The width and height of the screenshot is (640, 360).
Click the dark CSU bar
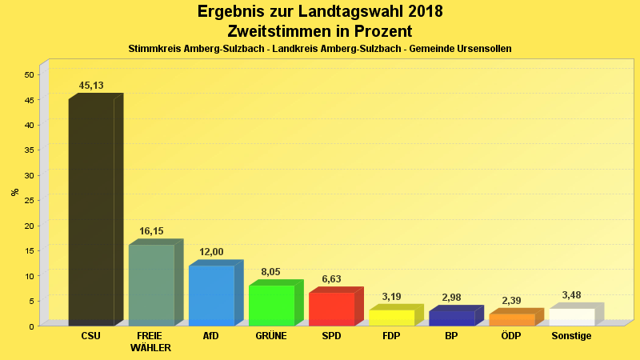coord(91,212)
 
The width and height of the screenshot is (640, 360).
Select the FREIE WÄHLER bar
coord(151,285)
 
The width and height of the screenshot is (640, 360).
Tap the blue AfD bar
coord(211,295)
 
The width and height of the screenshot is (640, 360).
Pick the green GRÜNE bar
coord(271,305)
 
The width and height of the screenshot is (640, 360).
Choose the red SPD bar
coord(331,309)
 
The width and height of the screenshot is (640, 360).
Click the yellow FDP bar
coord(391,317)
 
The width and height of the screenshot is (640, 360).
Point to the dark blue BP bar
coord(451,318)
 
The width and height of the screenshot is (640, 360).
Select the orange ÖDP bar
coord(511,319)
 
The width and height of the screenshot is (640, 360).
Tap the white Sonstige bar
coord(571,317)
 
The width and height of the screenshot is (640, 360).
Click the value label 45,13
coord(91,86)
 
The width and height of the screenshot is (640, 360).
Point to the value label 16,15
coord(151,231)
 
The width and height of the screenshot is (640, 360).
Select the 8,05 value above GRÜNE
coord(271,272)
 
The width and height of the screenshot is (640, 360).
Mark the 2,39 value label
coord(511,301)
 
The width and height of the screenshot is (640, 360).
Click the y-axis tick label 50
coord(29,75)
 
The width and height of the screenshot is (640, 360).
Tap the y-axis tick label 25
coord(29,201)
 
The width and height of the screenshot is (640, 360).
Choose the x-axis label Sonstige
coord(571,336)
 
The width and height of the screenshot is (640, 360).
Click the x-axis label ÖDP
coord(511,336)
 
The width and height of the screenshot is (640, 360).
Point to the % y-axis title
coord(14,192)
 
